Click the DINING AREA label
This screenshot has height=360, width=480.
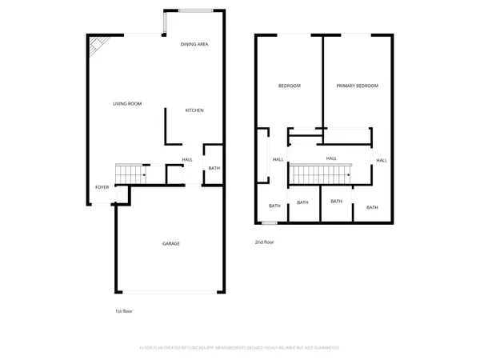click(x=194, y=44)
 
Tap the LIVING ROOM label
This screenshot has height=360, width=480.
click(x=127, y=104)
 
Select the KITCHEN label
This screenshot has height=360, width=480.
click(x=194, y=110)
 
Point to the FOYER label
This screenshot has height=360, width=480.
click(x=102, y=187)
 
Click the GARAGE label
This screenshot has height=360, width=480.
click(x=170, y=243)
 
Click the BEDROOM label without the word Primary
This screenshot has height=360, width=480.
click(x=289, y=86)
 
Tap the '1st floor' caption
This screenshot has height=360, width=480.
click(x=125, y=310)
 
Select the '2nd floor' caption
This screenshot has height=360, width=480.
click(x=264, y=242)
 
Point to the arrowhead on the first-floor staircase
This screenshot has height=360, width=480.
click(x=144, y=173)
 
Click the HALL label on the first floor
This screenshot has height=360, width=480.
click(x=187, y=159)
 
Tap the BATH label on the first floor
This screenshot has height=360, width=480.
click(x=214, y=168)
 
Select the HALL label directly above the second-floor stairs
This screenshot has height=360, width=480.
click(x=330, y=158)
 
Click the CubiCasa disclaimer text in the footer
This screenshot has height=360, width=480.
click(x=240, y=348)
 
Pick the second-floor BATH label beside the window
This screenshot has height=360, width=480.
click(x=274, y=206)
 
